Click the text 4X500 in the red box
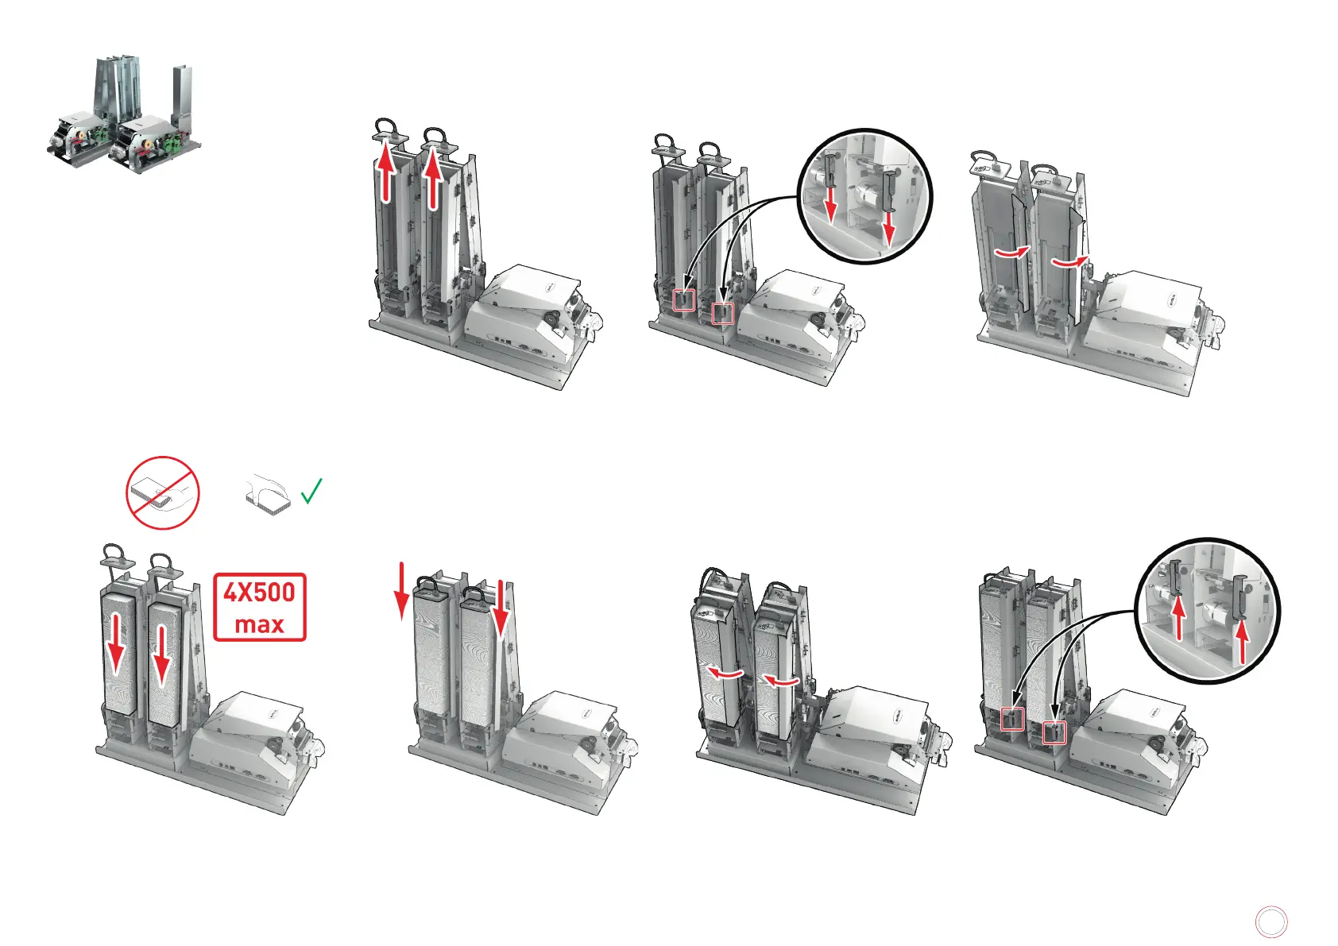pyautogui.click(x=259, y=593)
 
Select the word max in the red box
pyautogui.click(x=259, y=624)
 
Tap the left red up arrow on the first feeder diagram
pyautogui.click(x=386, y=172)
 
